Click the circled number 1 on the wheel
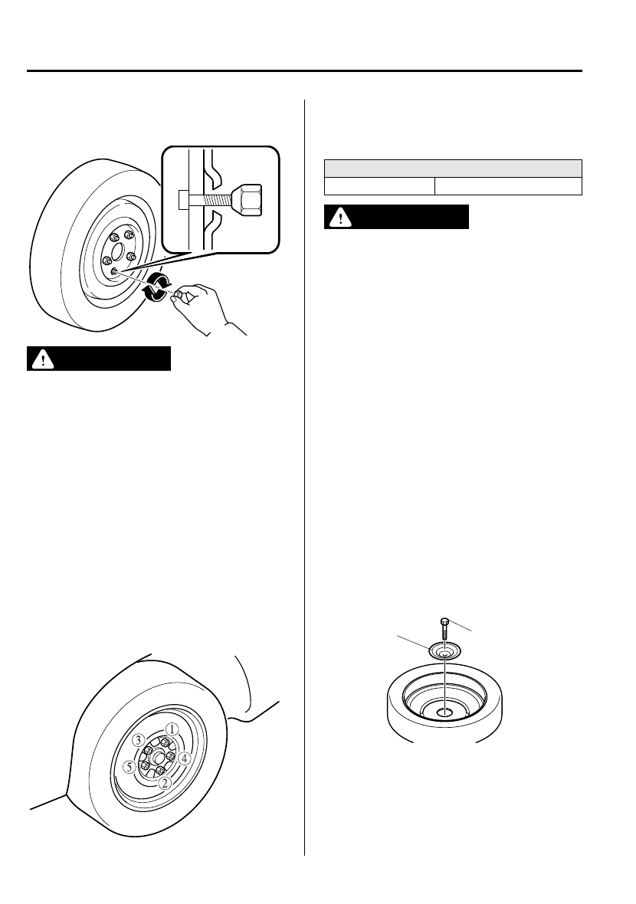click(x=173, y=729)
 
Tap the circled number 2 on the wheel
click(x=164, y=783)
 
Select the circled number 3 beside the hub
click(x=138, y=740)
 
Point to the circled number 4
click(x=184, y=758)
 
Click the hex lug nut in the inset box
click(x=247, y=199)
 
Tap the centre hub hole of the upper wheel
click(x=114, y=249)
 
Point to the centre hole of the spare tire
click(x=444, y=712)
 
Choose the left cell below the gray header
click(x=379, y=186)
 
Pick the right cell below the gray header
click(x=508, y=186)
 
